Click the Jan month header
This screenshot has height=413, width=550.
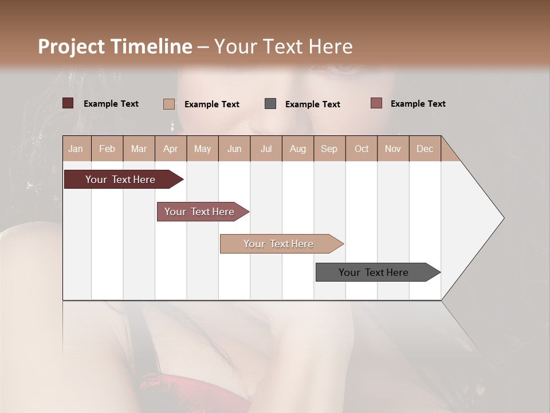tap(76, 149)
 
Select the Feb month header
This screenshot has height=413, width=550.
tap(107, 149)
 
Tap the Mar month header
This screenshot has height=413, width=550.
tap(139, 149)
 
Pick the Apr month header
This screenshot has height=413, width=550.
tap(170, 149)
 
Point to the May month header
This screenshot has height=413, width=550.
tap(202, 149)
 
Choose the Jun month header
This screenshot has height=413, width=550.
tap(234, 149)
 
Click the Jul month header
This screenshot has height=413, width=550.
tap(266, 149)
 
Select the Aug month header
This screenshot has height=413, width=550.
tap(298, 149)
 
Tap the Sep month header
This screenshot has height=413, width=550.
tap(329, 149)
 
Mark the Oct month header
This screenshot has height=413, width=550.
tap(362, 149)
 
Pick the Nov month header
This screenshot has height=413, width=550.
tap(393, 149)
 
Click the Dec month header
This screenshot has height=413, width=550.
tap(425, 149)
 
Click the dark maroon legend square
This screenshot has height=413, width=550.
tap(68, 103)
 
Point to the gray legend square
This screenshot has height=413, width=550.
tap(270, 104)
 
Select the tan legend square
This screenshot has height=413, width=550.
tap(169, 104)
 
